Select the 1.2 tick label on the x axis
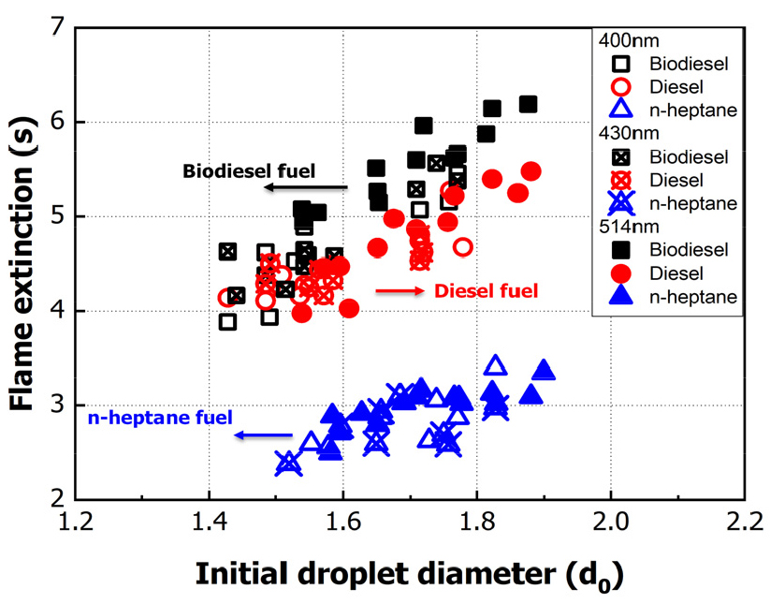tap(76, 521)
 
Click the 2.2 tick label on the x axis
tap(744, 521)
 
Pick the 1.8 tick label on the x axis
tap(477, 521)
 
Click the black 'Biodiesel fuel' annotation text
tap(249, 171)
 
